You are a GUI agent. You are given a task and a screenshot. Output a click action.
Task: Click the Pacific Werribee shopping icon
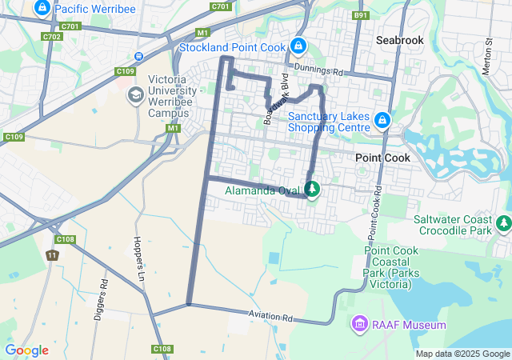[42, 9]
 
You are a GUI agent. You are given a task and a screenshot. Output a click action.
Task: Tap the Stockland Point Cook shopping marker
[298, 47]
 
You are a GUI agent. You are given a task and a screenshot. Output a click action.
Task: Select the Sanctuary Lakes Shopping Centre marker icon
[382, 120]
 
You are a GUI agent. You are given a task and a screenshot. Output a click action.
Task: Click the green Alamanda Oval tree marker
[312, 190]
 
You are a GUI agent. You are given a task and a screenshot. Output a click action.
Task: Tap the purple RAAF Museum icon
[359, 325]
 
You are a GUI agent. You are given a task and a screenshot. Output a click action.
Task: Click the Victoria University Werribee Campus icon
[135, 95]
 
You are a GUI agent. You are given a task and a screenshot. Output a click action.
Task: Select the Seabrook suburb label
[400, 39]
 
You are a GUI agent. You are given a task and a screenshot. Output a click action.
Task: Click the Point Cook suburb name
[382, 158]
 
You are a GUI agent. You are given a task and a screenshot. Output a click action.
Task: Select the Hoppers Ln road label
[138, 251]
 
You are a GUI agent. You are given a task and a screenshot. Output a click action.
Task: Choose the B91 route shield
[361, 15]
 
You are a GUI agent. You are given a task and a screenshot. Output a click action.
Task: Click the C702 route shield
[53, 37]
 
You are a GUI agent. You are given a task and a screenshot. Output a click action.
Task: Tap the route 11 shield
[51, 256]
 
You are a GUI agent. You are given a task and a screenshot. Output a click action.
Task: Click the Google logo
[26, 350]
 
